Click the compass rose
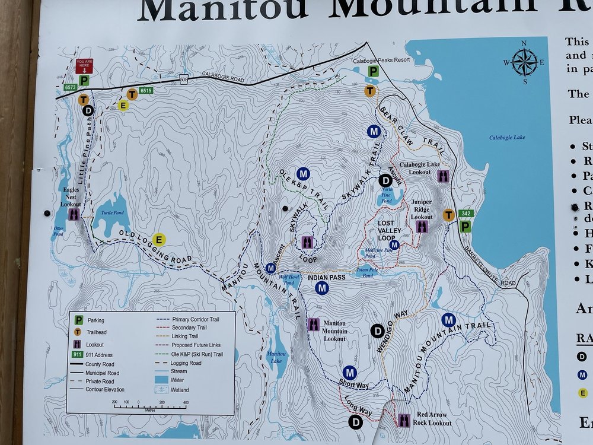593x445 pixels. [524, 62]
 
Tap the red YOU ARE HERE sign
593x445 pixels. [84, 66]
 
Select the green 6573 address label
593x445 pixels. [71, 87]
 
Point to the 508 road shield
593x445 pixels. [184, 80]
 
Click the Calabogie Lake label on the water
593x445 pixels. [507, 138]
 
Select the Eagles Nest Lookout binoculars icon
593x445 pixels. [74, 214]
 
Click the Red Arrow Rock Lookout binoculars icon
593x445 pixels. [404, 420]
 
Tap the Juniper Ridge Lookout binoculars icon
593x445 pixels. [422, 227]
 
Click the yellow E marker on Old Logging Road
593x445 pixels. [158, 240]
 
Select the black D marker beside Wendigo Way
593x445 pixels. [377, 331]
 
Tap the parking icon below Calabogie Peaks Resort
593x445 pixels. [373, 72]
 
